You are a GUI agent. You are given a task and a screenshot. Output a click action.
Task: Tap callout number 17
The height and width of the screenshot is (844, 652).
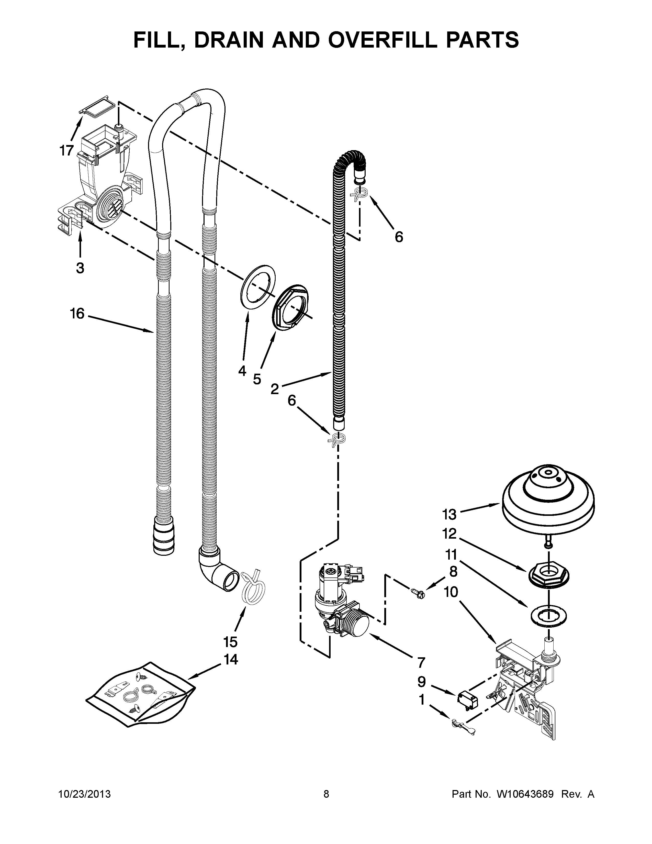(66, 150)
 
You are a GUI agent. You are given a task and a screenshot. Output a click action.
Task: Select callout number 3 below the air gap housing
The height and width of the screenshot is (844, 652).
(80, 268)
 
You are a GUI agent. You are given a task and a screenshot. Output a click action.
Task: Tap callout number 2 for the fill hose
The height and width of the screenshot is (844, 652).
(274, 389)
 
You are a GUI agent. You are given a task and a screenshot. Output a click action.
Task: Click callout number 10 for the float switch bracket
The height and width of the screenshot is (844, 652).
(451, 592)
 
